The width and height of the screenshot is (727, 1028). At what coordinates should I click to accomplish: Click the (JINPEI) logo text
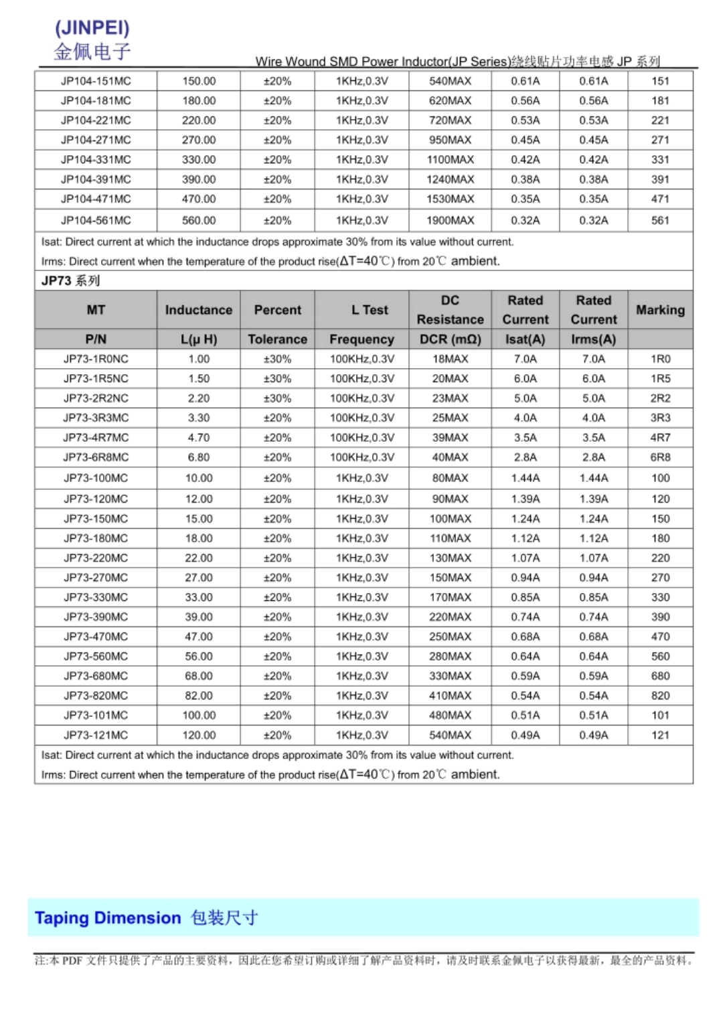92,27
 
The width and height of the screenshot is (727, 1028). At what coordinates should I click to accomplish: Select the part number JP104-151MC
96,81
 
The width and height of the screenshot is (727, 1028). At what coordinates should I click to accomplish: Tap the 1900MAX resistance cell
450,220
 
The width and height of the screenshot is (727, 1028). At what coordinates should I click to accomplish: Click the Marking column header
660,310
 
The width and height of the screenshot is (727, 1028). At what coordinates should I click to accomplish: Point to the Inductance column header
198,310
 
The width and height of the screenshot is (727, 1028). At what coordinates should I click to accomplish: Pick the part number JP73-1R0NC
96,359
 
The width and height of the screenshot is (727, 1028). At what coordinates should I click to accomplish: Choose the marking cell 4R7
660,438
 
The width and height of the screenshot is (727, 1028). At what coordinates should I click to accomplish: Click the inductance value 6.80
199,457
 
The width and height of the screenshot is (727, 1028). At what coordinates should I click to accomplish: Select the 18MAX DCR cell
450,359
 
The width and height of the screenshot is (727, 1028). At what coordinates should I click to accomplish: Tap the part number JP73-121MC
96,735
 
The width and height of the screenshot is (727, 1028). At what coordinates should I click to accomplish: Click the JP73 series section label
70,280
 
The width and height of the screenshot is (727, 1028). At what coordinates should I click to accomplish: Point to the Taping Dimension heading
146,918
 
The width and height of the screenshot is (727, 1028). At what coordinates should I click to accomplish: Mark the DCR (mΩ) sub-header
450,339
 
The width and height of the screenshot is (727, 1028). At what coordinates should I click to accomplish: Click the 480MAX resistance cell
450,715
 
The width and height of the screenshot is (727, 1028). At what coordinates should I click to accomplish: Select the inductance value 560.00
199,220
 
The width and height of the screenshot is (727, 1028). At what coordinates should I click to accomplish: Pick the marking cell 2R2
660,398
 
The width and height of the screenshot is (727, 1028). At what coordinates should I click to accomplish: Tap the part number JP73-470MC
96,636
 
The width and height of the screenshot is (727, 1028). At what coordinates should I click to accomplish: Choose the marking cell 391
660,179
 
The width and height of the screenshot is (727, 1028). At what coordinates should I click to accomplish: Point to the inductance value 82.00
199,696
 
